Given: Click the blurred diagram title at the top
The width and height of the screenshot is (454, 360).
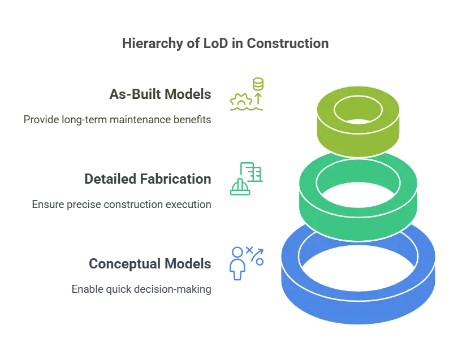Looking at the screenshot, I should coord(226,44).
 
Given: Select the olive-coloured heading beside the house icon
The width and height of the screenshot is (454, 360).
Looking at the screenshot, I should coord(161,94).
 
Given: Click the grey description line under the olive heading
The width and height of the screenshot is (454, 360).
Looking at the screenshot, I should coord(118,120).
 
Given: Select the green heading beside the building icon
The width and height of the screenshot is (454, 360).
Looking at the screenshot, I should coord(147,180).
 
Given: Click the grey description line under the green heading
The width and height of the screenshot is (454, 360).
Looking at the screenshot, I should coord(122,202).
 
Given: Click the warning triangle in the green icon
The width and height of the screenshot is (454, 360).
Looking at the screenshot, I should coord(237,188).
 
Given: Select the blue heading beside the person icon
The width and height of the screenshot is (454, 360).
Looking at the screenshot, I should coord(149,264).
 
